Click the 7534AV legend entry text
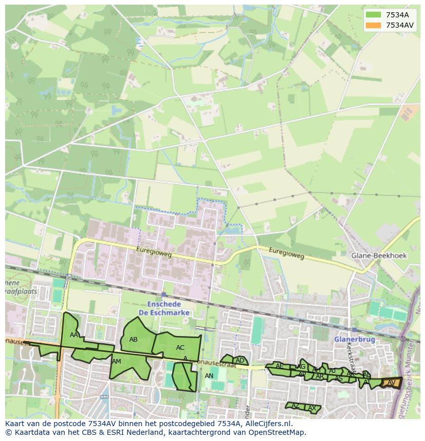(400, 25)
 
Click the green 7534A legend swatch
(373, 15)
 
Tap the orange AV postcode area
(392, 383)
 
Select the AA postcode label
(74, 335)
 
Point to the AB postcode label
(133, 339)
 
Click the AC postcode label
(180, 348)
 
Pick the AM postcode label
(117, 362)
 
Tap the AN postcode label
(209, 376)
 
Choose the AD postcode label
(240, 361)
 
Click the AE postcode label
(279, 366)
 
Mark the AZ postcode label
(295, 406)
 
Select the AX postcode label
(312, 408)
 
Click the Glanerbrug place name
(354, 339)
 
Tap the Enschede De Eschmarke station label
(164, 308)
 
